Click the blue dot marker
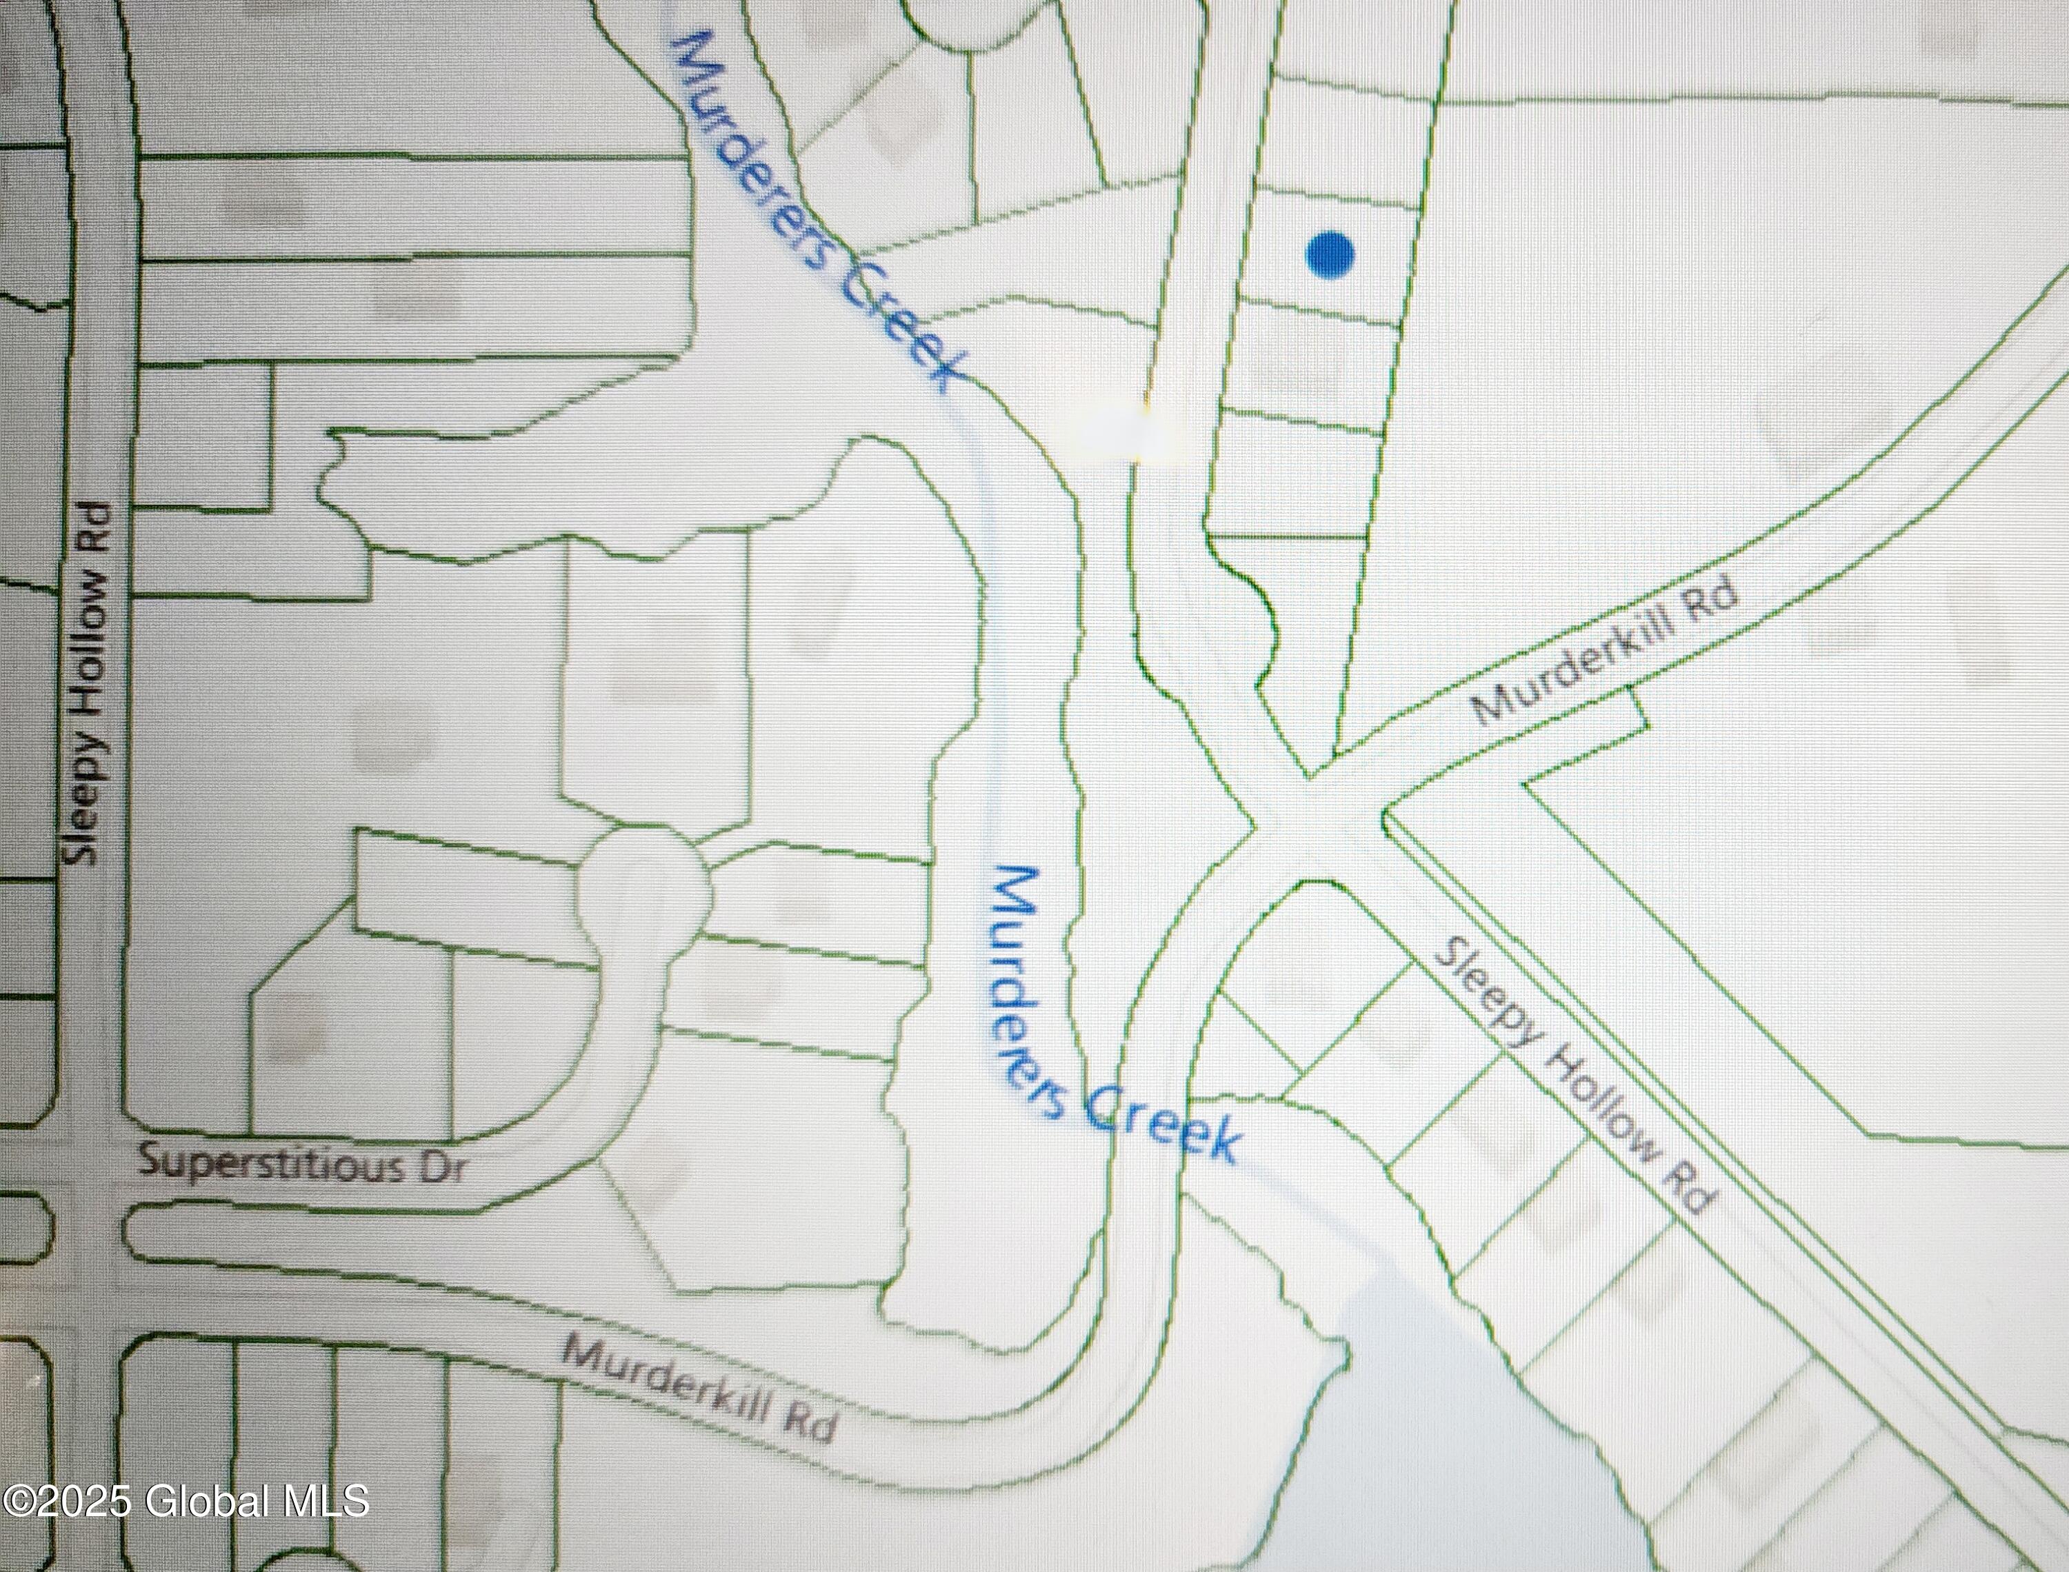point(1330,254)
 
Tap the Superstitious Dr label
point(301,1165)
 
